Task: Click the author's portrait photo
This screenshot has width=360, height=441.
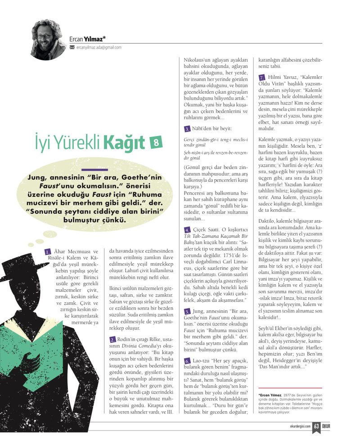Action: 48,40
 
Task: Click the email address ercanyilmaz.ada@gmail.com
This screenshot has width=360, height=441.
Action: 99,47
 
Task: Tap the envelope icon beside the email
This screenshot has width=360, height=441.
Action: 72,47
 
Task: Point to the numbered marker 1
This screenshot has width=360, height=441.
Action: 47,251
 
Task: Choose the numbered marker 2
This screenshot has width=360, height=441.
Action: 112,339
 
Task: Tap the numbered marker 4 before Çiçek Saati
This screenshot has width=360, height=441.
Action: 187,230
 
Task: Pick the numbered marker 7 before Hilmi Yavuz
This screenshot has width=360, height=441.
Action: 262,77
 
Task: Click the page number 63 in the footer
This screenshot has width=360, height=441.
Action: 316,426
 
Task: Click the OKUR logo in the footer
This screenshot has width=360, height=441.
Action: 329,426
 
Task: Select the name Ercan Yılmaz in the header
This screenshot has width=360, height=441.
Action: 88,39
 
